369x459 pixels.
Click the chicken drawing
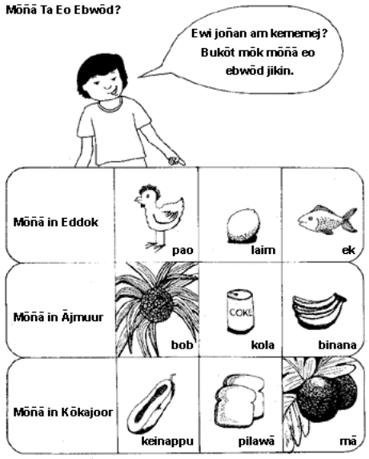[x=158, y=217]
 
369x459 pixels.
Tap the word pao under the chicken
[x=182, y=250]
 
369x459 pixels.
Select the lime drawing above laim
[x=243, y=226]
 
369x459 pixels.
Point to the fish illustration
[x=327, y=219]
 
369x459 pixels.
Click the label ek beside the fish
[x=348, y=250]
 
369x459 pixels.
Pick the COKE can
[x=239, y=312]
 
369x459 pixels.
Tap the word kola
[x=263, y=344]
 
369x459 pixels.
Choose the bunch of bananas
[x=319, y=312]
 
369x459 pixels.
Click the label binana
[x=337, y=344]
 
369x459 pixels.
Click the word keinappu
[x=167, y=441]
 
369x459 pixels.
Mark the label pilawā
[x=256, y=441]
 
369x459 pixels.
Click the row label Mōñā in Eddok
[x=56, y=222]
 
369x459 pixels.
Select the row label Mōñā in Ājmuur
[x=58, y=316]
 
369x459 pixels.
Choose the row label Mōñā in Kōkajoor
[x=63, y=412]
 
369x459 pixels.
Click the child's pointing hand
[x=176, y=160]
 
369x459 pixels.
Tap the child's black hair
[x=101, y=70]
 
